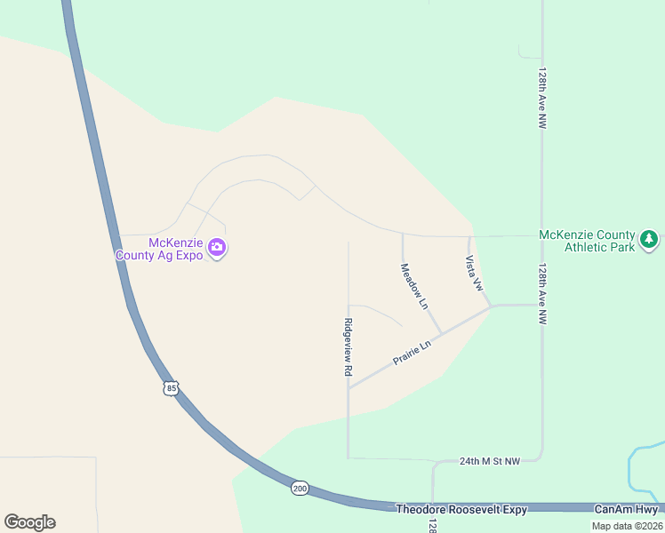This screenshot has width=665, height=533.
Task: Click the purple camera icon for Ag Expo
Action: coord(217,248)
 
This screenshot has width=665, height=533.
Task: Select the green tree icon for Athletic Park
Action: coord(650,238)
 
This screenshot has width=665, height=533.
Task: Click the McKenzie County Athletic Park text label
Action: coord(587,241)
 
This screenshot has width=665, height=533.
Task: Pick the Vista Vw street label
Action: coord(473,274)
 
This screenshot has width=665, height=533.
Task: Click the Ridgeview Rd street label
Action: coord(349,348)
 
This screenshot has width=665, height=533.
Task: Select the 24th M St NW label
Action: coord(489,461)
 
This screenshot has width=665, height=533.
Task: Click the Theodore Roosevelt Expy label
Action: coord(461,509)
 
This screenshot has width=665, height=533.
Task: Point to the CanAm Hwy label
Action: coord(626,509)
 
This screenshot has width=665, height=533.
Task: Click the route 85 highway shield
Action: coord(172,387)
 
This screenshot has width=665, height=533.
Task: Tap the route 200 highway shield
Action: coord(300,489)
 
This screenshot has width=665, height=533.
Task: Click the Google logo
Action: coord(29,522)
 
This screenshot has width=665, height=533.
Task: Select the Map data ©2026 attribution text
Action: coord(626,526)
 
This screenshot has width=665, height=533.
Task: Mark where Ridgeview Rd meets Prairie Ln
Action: coord(349,387)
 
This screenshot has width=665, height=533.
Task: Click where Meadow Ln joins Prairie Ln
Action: coord(442,334)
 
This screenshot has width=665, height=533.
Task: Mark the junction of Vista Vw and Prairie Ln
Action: coord(491,306)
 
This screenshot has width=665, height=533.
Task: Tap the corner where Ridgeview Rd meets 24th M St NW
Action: coord(348,458)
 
